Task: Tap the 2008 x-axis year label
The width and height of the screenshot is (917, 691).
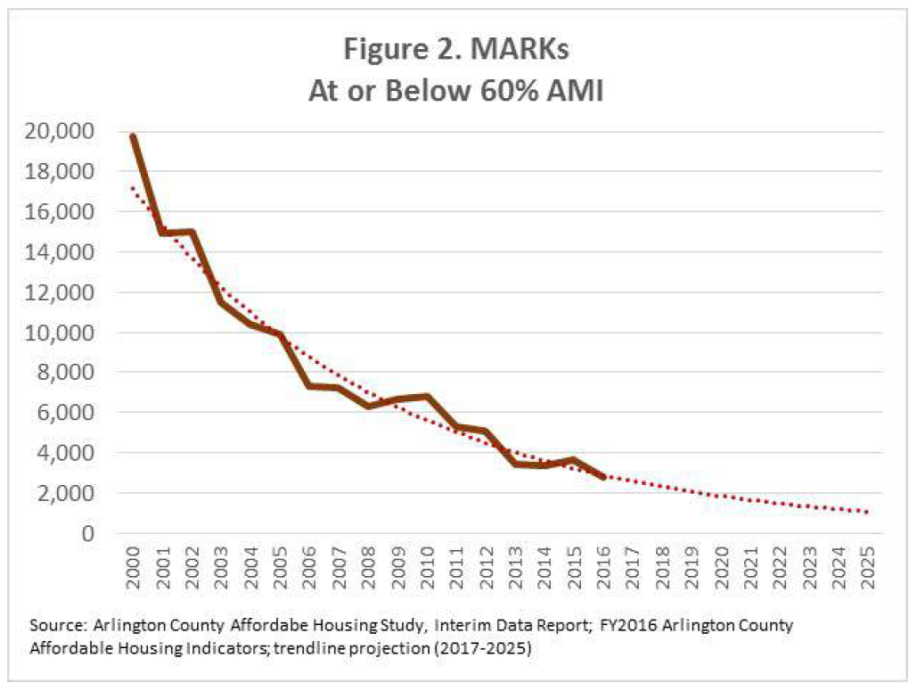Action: (368, 563)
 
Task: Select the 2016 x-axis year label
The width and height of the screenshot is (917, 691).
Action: (603, 563)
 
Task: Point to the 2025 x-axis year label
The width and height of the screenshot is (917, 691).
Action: (867, 563)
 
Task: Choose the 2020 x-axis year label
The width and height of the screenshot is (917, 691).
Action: (721, 563)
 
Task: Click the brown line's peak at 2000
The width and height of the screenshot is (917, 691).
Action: (133, 136)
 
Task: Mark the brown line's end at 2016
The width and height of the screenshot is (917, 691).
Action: (603, 478)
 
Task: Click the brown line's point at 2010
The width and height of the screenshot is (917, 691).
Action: (427, 397)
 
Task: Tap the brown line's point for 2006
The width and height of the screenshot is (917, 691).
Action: (309, 385)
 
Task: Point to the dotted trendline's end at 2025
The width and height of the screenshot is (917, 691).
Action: (867, 512)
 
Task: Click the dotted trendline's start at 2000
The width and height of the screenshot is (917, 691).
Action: (133, 187)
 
